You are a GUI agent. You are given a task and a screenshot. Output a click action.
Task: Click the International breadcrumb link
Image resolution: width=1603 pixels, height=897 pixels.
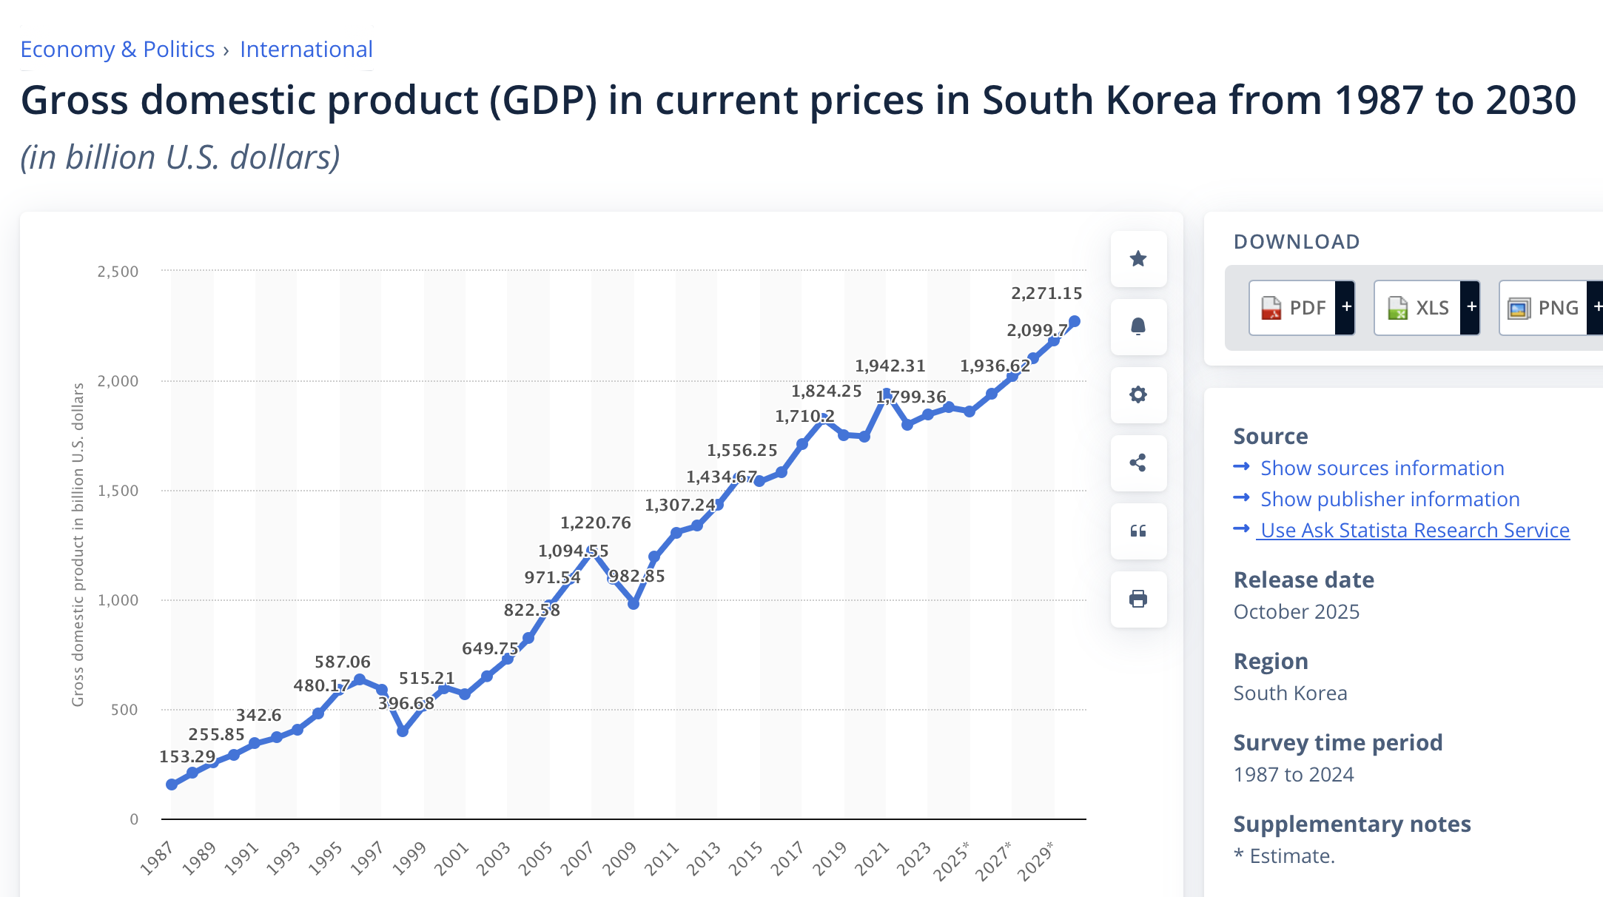coord(306,50)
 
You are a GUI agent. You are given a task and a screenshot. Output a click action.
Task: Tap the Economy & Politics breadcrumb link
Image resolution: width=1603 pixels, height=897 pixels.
coord(117,50)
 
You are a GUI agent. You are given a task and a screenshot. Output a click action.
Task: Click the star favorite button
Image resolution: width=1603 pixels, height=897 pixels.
coord(1138,259)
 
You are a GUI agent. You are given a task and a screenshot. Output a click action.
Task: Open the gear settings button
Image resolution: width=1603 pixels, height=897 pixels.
coord(1138,394)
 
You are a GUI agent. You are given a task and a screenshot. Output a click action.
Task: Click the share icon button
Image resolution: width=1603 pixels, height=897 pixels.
coord(1138,463)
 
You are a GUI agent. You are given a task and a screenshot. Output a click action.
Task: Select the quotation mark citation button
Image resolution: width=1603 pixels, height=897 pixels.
coord(1138,531)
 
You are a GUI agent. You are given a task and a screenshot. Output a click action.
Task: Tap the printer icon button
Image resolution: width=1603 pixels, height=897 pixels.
coord(1138,599)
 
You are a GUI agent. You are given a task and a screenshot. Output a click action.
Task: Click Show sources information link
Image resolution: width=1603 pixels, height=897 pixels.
coord(1382,468)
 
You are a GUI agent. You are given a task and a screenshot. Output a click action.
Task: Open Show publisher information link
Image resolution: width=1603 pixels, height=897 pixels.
coord(1389,500)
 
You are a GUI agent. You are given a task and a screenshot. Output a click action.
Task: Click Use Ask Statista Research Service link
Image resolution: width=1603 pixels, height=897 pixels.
coord(1414,531)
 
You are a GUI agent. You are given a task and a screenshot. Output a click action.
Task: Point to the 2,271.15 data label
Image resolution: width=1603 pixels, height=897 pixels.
coord(1046,293)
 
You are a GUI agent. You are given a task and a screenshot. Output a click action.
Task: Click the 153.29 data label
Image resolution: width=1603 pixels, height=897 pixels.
coord(187,756)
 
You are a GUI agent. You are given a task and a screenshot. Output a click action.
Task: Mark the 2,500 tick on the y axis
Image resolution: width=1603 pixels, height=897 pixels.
coord(118,272)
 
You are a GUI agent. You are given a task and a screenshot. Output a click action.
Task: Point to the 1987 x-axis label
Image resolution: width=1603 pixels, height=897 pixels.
coord(156,858)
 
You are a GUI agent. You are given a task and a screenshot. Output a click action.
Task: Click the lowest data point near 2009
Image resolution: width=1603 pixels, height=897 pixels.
coord(634,604)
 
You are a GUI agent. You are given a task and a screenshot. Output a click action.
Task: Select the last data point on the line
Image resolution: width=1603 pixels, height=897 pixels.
coord(1075,321)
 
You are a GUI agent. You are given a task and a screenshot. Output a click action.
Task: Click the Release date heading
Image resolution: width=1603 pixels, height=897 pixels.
coord(1303,580)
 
